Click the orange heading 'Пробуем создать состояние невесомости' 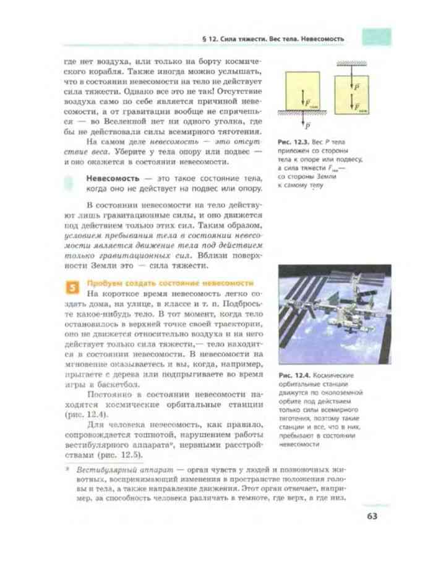171,283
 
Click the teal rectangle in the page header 376,37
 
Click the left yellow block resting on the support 302,90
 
